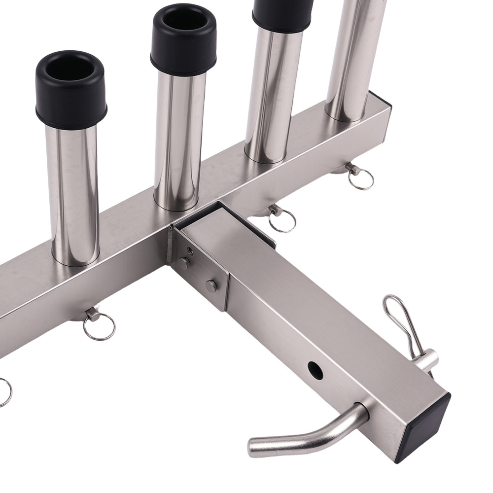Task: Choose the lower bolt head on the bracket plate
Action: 211,285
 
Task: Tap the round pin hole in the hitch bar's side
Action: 315,370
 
